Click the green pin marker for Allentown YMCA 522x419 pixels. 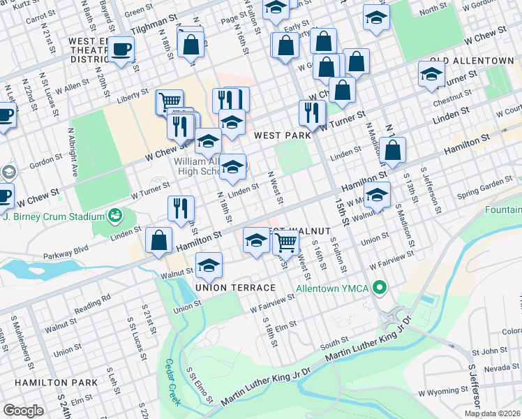coord(380,287)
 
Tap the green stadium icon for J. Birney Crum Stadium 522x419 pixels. coord(114,215)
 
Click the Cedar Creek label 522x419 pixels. coord(172,382)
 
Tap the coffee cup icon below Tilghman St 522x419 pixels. coord(121,49)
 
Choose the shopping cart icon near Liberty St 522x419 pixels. coord(169,103)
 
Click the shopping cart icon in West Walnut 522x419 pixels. coord(285,242)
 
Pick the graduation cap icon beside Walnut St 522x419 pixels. coord(208,265)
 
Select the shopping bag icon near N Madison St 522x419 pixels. coord(393,149)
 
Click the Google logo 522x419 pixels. coord(23,410)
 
